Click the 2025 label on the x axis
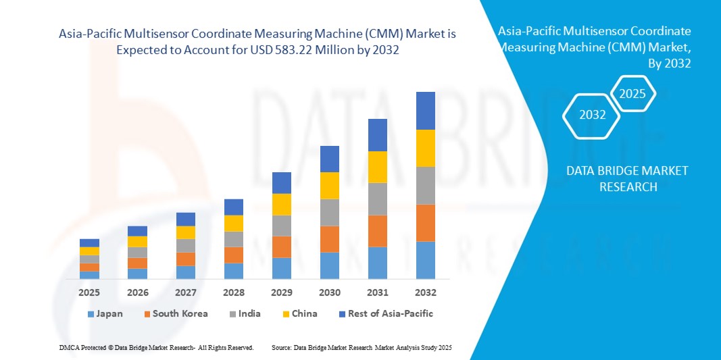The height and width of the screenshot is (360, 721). [89, 293]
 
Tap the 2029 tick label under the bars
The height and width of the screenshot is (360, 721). [282, 293]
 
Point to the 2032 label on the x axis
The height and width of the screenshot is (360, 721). [426, 293]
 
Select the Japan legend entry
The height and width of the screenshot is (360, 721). [105, 313]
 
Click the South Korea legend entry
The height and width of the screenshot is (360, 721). [175, 313]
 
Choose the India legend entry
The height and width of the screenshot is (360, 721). [245, 313]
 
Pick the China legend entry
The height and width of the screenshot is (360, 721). [299, 313]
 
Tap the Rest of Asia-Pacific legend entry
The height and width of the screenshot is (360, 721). [386, 313]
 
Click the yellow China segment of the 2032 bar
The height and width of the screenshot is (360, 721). [426, 148]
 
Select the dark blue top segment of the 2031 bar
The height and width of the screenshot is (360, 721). [378, 135]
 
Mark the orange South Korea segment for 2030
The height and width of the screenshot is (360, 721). [330, 239]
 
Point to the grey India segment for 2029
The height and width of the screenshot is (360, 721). [282, 226]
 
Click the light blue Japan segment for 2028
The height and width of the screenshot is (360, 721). [234, 271]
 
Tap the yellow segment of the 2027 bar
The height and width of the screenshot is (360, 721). [186, 232]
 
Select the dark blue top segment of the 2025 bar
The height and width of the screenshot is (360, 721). [89, 243]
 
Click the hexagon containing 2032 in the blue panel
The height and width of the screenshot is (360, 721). [593, 115]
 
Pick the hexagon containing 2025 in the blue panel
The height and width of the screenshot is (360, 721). [633, 94]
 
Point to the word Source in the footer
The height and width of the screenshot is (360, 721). [281, 347]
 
